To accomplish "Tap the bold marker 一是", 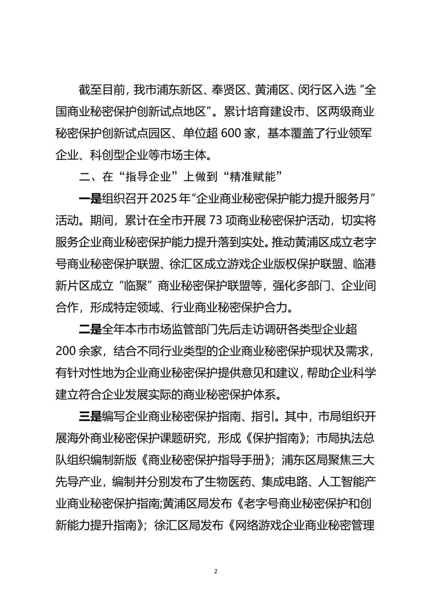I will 90,199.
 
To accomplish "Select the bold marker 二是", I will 90,329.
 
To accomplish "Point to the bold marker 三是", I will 90,416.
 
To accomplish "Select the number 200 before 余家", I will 66,351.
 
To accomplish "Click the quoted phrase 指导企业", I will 152,177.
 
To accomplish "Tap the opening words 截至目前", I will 102,90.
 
